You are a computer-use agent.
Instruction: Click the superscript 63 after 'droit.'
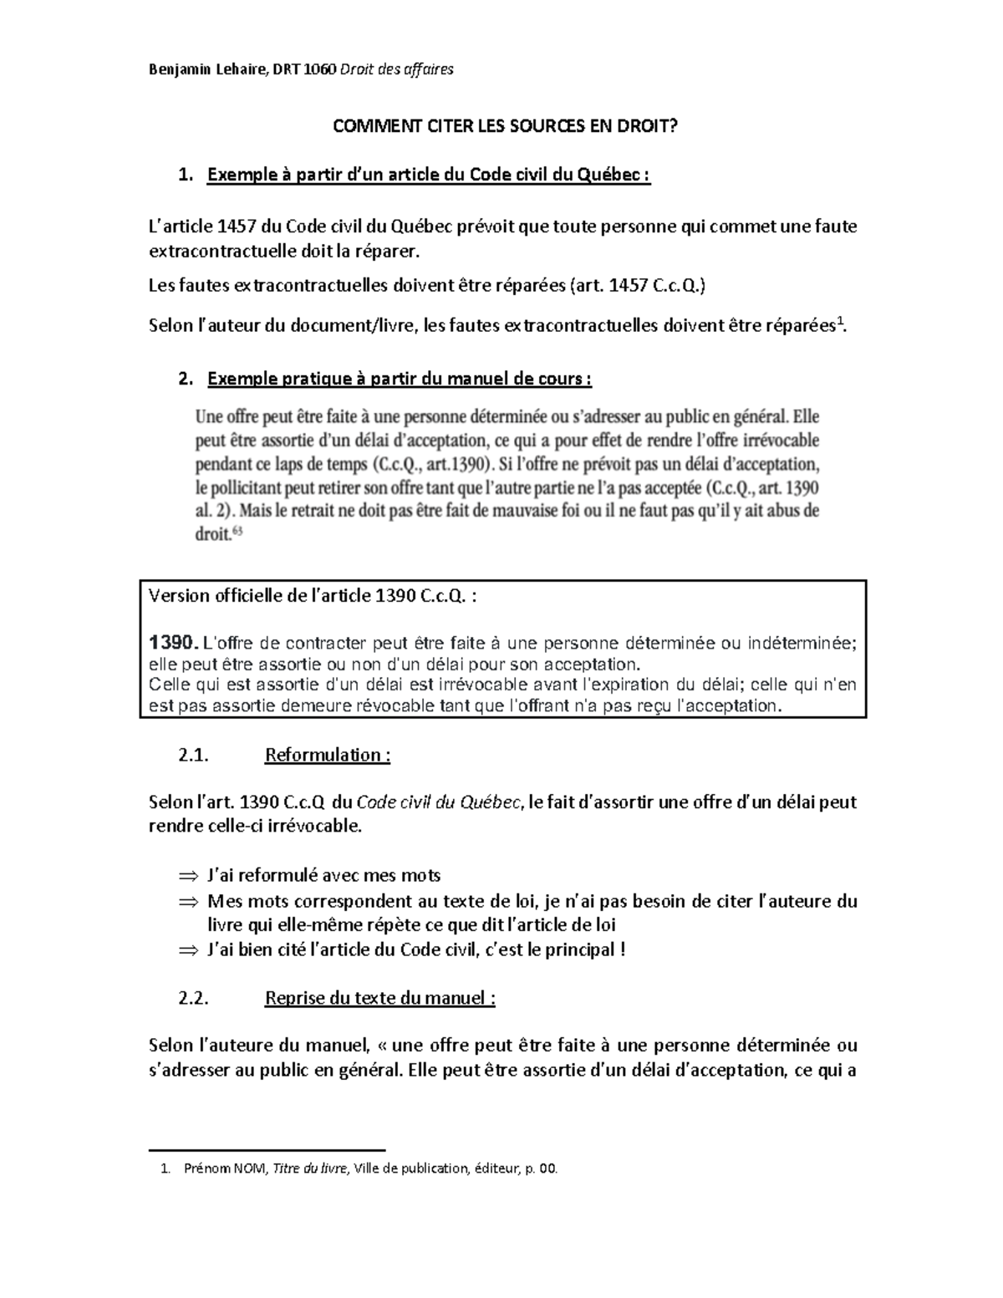pos(237,530)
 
